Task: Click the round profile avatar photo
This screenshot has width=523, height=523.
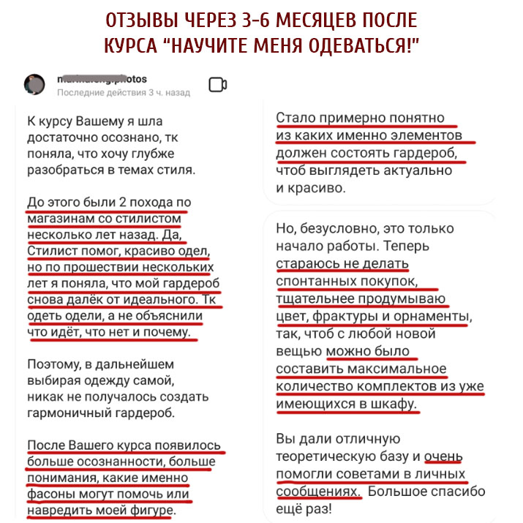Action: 34,83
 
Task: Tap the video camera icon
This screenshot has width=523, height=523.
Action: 218,85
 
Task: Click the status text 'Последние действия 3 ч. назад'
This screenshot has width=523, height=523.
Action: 124,93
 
